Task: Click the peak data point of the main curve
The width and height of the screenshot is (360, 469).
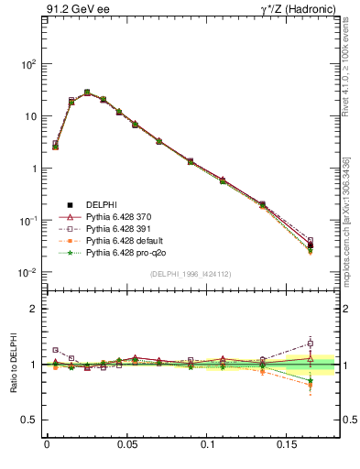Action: pyautogui.click(x=87, y=93)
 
